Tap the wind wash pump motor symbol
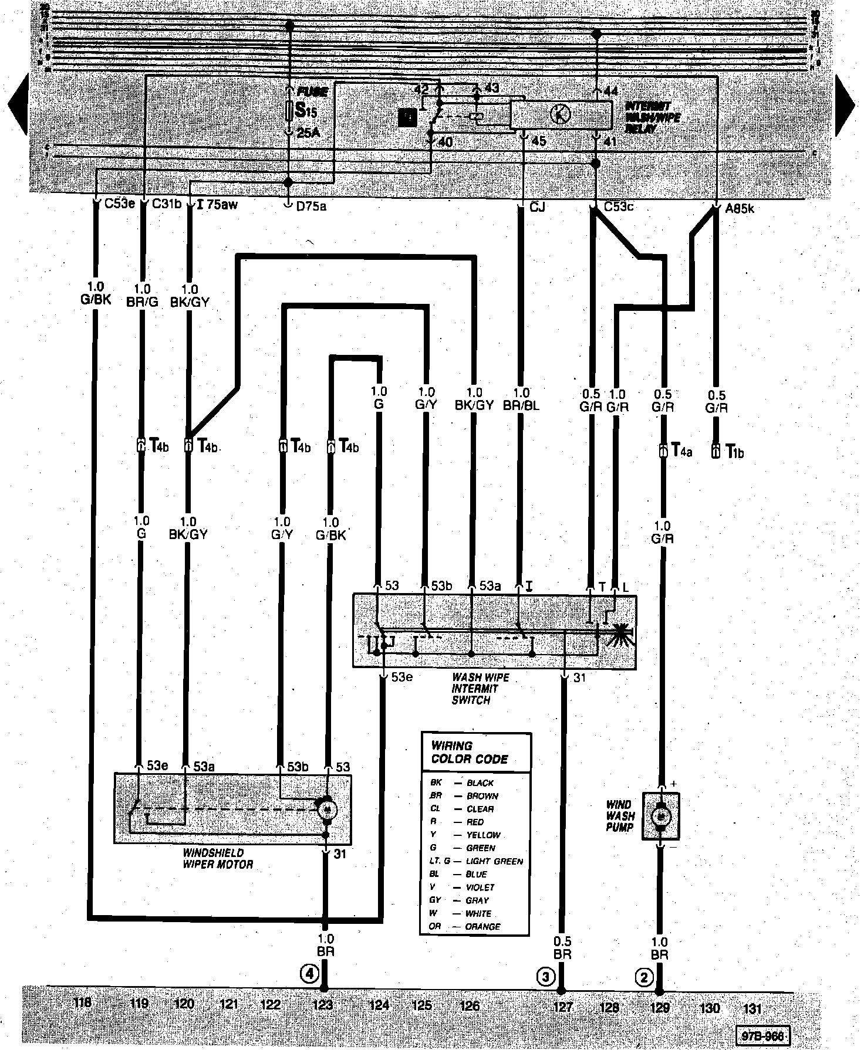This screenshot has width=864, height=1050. tap(661, 816)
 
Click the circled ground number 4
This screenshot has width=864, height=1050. tap(309, 974)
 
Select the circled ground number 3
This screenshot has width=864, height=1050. tap(546, 977)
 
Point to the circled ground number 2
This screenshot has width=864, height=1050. tap(644, 977)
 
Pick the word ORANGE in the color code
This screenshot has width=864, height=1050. tap(482, 927)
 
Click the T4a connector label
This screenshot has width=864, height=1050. tap(682, 451)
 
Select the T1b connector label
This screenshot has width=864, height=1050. tap(734, 452)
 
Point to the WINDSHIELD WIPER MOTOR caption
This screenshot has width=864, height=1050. tap(218, 858)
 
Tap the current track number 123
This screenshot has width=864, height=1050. tap(322, 1005)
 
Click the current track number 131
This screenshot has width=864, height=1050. tap(752, 1008)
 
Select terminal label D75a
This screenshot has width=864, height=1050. tap(311, 206)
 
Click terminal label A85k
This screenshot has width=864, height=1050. tap(740, 207)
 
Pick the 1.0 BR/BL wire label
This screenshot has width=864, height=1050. tap(521, 399)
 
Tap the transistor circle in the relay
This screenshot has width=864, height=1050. tap(561, 114)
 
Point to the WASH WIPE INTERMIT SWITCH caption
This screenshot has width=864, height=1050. tap(480, 689)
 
